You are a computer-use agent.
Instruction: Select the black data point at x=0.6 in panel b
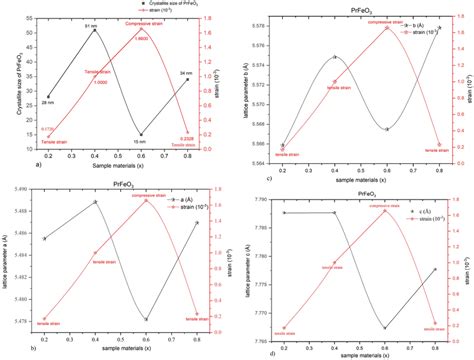(146, 319)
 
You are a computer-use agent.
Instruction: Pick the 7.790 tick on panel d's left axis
(262, 200)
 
